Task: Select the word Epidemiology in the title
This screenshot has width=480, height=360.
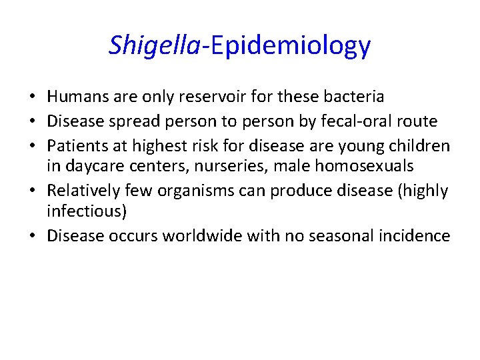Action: point(287,45)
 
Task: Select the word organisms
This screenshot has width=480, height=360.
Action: point(199,191)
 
